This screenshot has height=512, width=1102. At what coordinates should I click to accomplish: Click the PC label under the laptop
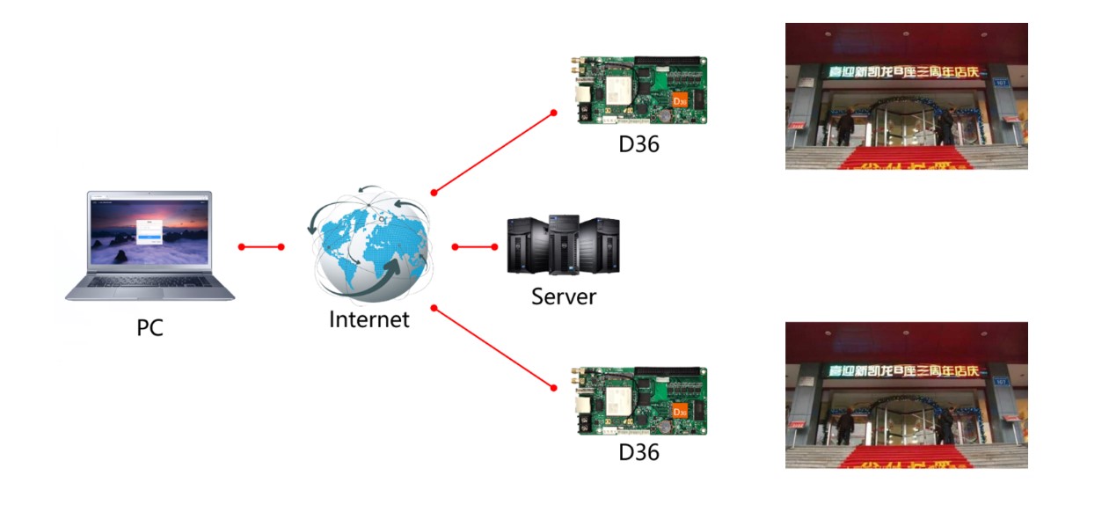(150, 328)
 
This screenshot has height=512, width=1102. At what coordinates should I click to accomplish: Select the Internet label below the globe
(369, 319)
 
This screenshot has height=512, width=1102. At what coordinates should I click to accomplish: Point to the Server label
(564, 296)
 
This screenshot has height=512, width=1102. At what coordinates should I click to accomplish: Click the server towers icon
(563, 245)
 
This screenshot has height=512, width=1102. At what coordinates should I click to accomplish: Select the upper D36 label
(639, 143)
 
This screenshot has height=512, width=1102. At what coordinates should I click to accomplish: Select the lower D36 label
(639, 452)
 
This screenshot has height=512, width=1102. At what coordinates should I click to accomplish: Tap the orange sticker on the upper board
(678, 101)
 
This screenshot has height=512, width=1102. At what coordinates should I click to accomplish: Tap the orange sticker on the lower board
(678, 411)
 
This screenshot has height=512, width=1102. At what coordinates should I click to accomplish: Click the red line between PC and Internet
(260, 247)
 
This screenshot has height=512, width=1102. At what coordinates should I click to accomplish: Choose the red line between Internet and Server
(475, 247)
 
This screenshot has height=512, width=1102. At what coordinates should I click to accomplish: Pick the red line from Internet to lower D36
(493, 347)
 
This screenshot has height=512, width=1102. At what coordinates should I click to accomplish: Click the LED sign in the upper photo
(907, 71)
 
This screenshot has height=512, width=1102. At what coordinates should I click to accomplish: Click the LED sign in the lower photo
(907, 371)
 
